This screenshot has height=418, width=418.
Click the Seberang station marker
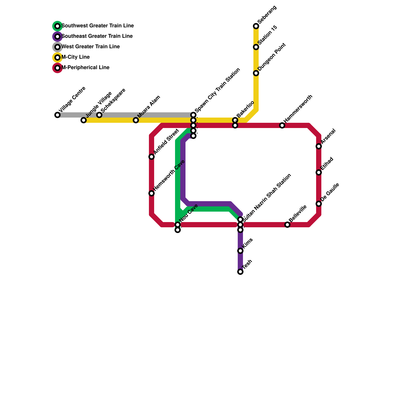[256, 26]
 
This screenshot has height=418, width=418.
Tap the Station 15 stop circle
[256, 47]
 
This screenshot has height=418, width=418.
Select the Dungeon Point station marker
[256, 73]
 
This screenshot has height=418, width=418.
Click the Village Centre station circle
[57, 115]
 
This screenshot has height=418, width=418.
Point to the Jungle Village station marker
[84, 120]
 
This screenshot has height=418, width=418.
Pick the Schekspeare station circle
[99, 115]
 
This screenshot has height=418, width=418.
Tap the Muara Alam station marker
[136, 120]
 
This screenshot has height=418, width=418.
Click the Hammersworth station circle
[282, 125]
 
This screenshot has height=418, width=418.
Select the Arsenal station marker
[319, 146]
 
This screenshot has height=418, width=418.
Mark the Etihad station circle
[319, 172]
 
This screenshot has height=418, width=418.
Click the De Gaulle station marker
[319, 204]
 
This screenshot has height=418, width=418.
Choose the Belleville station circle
[287, 225]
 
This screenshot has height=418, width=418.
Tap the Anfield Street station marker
[152, 157]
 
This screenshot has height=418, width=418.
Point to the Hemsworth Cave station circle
[152, 193]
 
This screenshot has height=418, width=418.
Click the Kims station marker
[240, 251]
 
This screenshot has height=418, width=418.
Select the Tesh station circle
[240, 272]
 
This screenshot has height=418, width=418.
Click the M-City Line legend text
[76, 57]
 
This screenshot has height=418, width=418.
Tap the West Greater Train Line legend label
[90, 47]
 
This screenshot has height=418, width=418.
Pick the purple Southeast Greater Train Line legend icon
[57, 37]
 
